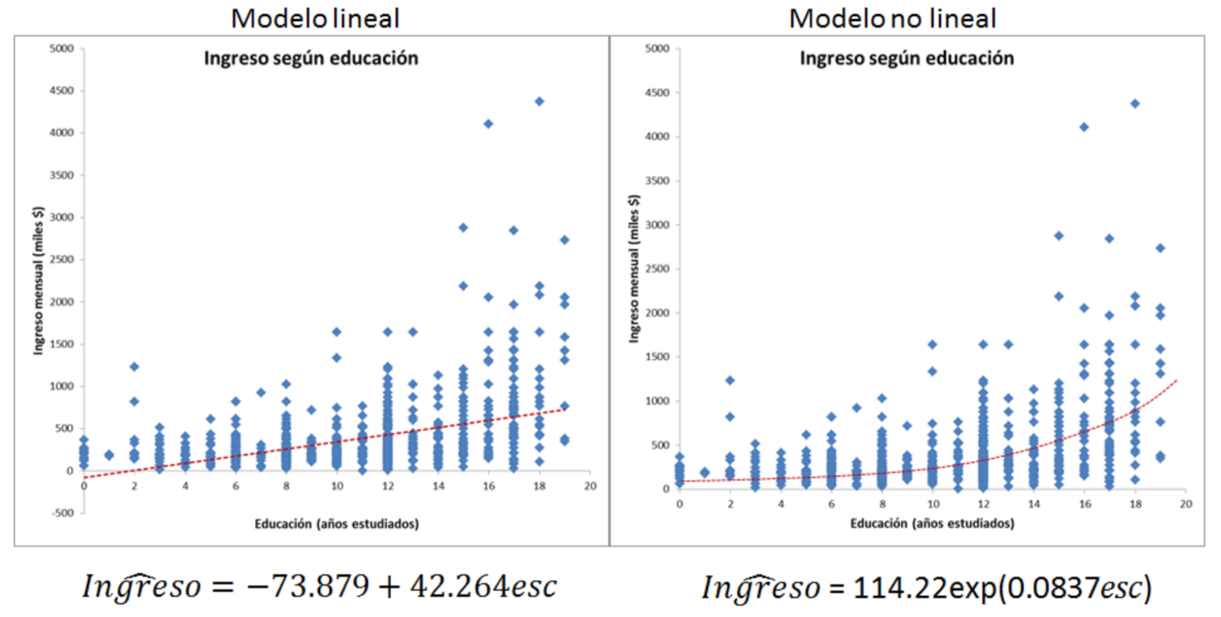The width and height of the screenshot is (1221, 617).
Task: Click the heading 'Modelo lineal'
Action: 315,19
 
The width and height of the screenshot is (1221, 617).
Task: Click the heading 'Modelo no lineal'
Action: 892,19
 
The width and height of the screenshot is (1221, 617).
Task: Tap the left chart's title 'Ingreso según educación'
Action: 311,58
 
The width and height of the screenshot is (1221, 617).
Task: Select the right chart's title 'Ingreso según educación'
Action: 907,58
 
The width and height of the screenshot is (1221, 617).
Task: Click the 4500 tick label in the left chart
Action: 62,90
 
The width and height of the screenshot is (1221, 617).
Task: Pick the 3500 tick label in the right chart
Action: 657,181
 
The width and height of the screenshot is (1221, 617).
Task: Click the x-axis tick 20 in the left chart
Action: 590,486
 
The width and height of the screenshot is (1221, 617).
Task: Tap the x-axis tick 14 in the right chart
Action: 1034,504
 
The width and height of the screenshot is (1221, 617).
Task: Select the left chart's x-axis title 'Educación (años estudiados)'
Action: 336,524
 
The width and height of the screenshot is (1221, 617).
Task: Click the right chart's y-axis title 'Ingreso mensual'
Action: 633,268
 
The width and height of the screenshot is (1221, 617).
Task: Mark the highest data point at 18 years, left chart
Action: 539,101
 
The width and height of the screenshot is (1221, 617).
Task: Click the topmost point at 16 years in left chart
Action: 488,124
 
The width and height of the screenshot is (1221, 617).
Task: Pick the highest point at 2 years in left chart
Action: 134,367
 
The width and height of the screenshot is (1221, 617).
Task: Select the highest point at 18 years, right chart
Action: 1135,104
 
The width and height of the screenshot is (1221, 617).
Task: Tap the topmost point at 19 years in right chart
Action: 1160,248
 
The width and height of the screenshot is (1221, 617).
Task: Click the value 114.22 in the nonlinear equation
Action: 900,587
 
